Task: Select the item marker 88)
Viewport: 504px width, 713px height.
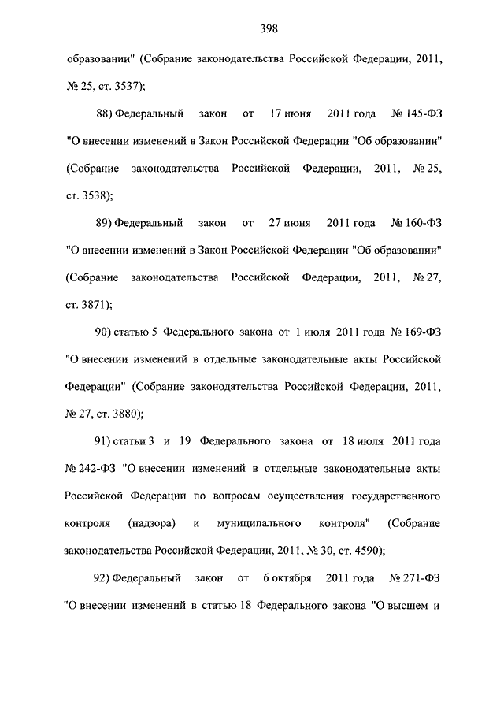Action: [x=103, y=114]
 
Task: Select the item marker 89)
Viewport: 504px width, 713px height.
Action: [x=103, y=223]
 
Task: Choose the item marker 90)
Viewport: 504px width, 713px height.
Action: [x=103, y=332]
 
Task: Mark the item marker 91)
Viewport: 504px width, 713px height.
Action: [x=103, y=440]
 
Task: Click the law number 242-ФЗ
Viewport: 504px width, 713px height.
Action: [x=97, y=469]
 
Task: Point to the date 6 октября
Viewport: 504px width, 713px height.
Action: [x=279, y=579]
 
